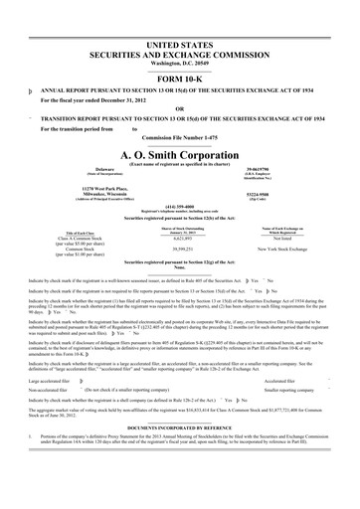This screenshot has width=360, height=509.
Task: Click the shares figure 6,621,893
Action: pos(181,240)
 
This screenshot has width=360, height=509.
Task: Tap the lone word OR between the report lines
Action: pos(179,82)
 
